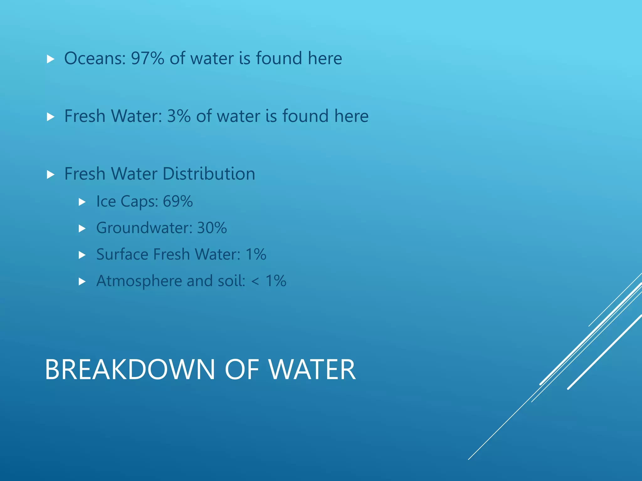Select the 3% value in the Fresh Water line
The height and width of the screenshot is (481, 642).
pos(179,116)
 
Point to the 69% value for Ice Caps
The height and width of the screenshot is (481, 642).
pos(177,201)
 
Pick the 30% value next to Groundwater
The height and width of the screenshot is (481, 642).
pos(212,228)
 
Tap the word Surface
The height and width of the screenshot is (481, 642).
pos(122,254)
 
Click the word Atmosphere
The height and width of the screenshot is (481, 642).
pos(139,281)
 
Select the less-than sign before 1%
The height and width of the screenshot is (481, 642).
pos(255,281)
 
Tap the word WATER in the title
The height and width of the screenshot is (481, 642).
pos(313,370)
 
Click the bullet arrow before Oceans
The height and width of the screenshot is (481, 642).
pos(50,59)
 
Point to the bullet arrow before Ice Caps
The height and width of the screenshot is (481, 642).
pos(82,202)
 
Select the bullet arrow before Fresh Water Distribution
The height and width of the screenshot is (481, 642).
pos(50,174)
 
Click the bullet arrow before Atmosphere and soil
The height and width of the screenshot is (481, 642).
pos(82,282)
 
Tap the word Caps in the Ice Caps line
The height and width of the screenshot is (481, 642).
pos(139,202)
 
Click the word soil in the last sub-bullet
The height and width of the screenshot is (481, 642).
pos(231,281)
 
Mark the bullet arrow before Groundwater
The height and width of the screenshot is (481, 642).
pos(82,229)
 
